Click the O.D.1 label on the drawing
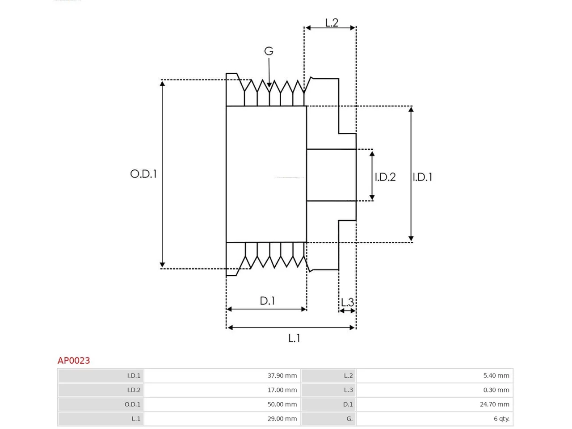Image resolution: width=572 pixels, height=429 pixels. (x=143, y=174)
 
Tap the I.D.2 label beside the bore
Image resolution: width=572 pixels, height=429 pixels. (x=385, y=177)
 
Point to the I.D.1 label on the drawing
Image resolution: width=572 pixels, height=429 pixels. (x=422, y=177)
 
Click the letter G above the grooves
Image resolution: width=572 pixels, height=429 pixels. (x=269, y=51)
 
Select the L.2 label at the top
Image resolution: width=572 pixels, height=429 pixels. (x=332, y=23)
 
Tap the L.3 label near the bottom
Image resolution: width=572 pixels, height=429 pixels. (x=347, y=303)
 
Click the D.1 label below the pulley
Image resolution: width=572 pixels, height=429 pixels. (x=267, y=301)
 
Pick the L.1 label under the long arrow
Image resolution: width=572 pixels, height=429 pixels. (x=294, y=338)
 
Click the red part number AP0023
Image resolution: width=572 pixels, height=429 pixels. (x=74, y=361)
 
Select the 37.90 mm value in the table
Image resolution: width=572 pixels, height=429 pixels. (x=282, y=375)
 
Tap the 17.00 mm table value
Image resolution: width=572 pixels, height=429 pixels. (x=282, y=390)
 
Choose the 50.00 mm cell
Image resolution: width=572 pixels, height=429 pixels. (x=282, y=404)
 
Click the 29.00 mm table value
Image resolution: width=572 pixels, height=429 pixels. (x=282, y=419)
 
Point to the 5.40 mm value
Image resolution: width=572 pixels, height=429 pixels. (x=496, y=375)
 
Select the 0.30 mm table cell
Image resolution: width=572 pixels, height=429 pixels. (x=496, y=390)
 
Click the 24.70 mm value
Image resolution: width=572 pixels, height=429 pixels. (x=494, y=404)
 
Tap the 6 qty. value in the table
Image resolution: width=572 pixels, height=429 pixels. (x=502, y=419)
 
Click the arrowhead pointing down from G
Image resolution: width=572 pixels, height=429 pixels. (x=269, y=85)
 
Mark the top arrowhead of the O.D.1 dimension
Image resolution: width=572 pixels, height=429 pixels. (x=162, y=84)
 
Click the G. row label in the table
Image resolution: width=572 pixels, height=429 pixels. (x=349, y=419)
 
